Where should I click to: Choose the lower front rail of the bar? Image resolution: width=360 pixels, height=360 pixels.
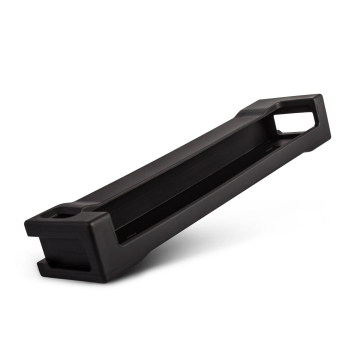pos(190,215)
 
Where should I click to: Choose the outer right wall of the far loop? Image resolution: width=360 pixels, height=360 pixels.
pos(322,125)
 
